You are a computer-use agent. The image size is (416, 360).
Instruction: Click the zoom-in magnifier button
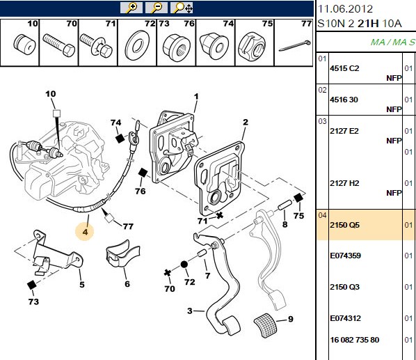tap(131, 8)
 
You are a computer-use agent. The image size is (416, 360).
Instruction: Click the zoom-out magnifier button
tap(157, 8)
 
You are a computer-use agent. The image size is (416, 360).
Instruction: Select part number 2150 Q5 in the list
tap(344, 225)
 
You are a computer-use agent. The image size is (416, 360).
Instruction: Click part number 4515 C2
tap(344, 68)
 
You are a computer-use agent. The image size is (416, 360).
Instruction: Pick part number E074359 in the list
tap(346, 256)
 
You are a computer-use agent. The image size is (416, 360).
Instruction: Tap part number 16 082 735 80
tap(355, 340)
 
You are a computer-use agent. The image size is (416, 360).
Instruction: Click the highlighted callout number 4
tap(85, 232)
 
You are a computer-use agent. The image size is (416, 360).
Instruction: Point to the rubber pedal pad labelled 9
tap(265, 325)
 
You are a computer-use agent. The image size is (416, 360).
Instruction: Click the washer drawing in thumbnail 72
tap(137, 45)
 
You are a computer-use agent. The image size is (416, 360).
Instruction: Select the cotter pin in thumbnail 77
tap(295, 46)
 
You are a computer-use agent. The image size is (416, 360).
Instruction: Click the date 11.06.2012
tap(345, 9)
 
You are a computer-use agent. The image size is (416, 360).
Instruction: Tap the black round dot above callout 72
tap(184, 265)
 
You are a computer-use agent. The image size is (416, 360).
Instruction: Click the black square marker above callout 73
tap(32, 285)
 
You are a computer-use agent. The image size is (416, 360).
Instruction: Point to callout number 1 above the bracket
tap(196, 96)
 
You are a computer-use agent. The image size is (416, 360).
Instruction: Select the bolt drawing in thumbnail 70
tap(59, 45)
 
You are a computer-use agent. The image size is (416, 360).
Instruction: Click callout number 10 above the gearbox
tap(51, 94)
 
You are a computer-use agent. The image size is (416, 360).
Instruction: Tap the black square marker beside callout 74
tap(120, 138)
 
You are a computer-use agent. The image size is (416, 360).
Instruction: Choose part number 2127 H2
tap(344, 183)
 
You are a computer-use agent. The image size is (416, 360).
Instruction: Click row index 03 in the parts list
tap(322, 121)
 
